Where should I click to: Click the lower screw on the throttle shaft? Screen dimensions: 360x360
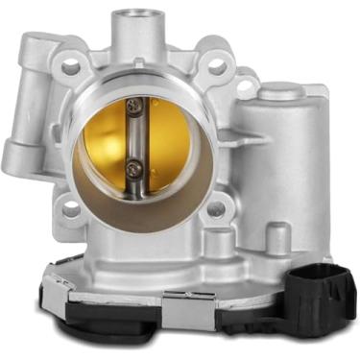pyautogui.click(x=135, y=169)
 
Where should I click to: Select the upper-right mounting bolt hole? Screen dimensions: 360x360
pyautogui.click(x=217, y=66)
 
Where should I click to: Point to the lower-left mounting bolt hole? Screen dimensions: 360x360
pyautogui.click(x=71, y=205)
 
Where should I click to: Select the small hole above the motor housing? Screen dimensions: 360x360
pyautogui.click(x=246, y=86)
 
